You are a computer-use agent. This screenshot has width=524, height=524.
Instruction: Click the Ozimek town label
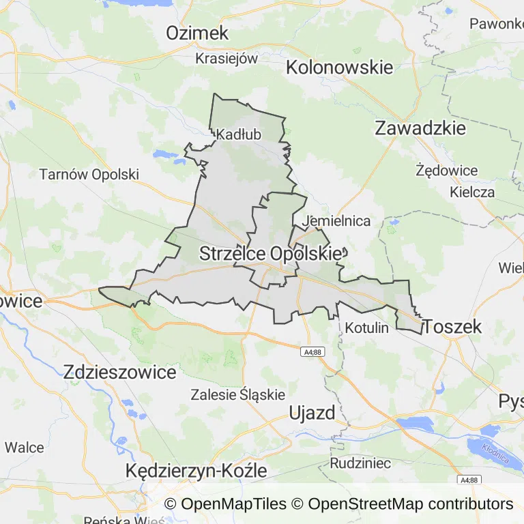tap(197, 33)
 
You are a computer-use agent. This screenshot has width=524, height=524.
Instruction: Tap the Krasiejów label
tap(227, 58)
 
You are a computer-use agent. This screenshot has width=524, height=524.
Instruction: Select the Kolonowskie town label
tap(339, 68)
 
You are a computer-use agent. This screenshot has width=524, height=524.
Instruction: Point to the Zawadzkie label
tap(420, 128)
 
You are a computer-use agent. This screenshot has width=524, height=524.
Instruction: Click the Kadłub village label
tap(239, 135)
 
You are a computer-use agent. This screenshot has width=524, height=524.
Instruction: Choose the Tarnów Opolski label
tap(89, 174)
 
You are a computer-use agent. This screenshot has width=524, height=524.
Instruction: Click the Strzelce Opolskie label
tap(270, 254)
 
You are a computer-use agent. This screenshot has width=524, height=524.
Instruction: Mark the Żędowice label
tap(447, 170)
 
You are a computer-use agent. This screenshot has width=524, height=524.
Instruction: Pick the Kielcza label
tap(472, 192)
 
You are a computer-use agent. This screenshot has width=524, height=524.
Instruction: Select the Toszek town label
tap(452, 327)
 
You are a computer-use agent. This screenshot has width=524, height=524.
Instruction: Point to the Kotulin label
tap(367, 327)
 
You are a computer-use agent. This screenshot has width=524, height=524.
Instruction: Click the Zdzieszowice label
tap(119, 372)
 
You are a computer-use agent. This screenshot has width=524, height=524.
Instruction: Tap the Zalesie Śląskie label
tap(237, 394)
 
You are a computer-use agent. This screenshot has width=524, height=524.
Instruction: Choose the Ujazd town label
tap(312, 413)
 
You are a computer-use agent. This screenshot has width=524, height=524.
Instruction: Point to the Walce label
tap(25, 448)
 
